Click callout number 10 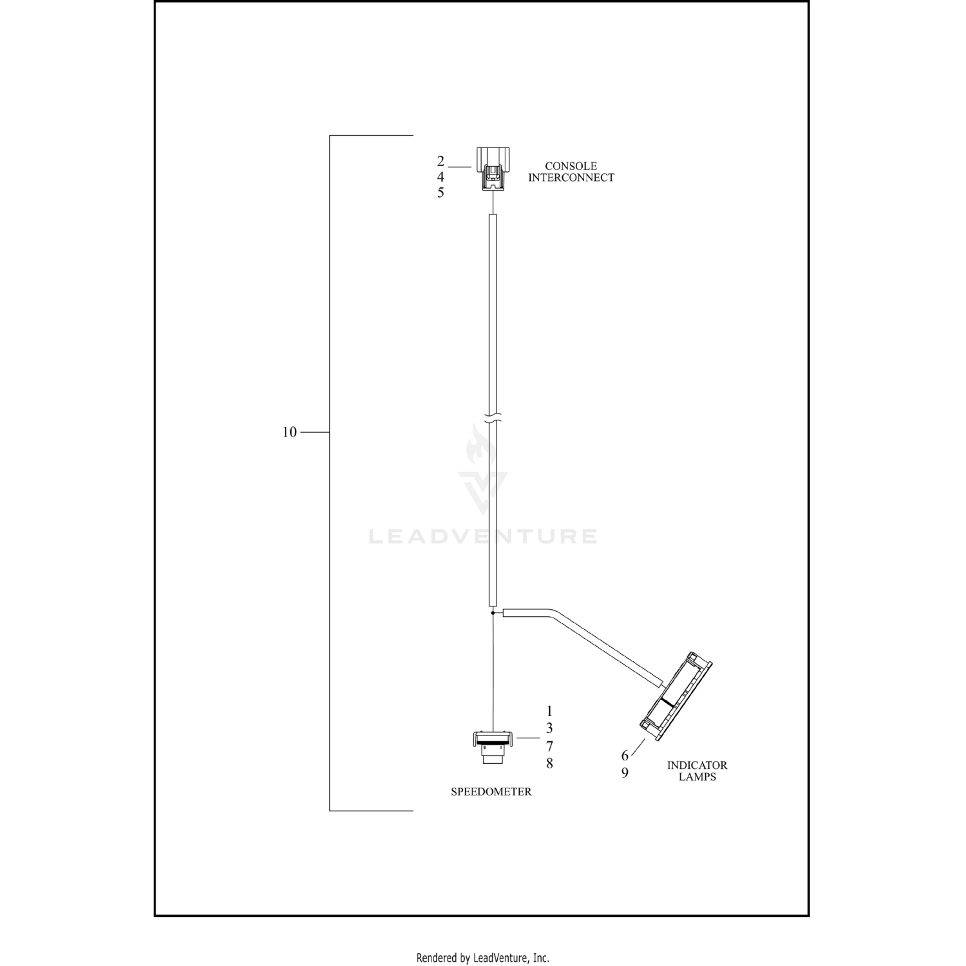point(289,432)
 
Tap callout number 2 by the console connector point(440,161)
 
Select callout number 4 point(440,176)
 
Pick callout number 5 point(440,193)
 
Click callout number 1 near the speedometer point(549,712)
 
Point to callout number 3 point(549,728)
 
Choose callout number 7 point(549,746)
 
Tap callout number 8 point(549,764)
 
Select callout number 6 point(625,756)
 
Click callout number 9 point(625,773)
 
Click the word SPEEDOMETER point(491,792)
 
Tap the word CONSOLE point(571,166)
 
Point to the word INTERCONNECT point(571,178)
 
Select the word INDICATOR point(697,766)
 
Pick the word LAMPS point(697,777)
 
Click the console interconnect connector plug point(493,169)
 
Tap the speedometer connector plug point(493,747)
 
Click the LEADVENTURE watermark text point(482,536)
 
